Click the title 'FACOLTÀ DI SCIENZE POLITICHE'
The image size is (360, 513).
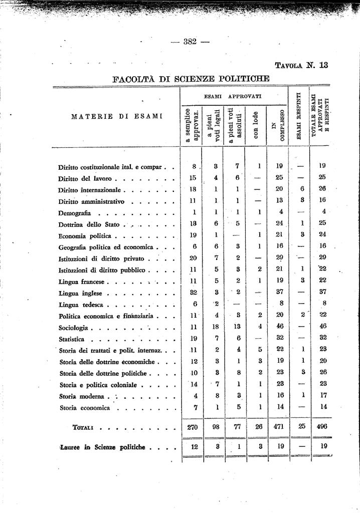[191, 79]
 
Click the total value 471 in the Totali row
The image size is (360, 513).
[280, 427]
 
